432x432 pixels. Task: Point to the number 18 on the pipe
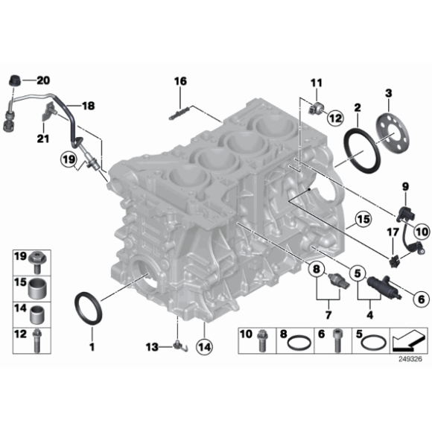coord(89,106)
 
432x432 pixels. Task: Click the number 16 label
coord(180,81)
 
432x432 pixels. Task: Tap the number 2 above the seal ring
coord(358,109)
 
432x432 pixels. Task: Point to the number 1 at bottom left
coord(92,347)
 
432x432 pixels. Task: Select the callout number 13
coord(152,346)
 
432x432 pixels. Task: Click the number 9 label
coord(406,185)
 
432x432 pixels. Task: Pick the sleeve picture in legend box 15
coord(36,286)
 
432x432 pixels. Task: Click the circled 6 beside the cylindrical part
coord(416,299)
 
